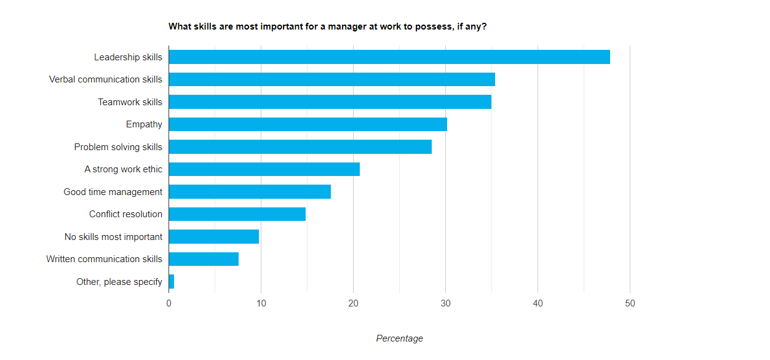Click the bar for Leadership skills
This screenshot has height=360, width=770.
click(389, 57)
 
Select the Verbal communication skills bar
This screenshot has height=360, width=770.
click(332, 79)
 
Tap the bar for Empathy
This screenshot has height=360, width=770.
click(308, 124)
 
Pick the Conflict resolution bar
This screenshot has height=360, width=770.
click(237, 214)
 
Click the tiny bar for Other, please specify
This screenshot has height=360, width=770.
click(172, 282)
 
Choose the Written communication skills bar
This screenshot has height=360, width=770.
click(204, 259)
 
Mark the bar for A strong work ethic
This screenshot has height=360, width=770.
click(264, 169)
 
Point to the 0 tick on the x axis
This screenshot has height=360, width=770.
click(169, 303)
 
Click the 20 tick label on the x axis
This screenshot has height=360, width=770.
click(353, 303)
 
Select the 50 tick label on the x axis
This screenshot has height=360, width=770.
click(630, 303)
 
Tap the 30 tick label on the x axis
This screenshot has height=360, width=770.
click(445, 303)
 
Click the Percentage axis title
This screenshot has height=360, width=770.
click(399, 338)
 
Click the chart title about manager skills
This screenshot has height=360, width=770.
click(327, 26)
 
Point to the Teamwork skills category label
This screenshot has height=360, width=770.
click(130, 102)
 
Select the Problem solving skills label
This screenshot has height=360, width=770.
click(118, 147)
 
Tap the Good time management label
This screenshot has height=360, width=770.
click(113, 192)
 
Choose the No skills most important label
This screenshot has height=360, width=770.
click(113, 237)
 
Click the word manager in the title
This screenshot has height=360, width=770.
click(337, 26)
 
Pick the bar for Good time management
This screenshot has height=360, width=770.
click(250, 192)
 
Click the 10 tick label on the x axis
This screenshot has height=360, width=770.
click(261, 303)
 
